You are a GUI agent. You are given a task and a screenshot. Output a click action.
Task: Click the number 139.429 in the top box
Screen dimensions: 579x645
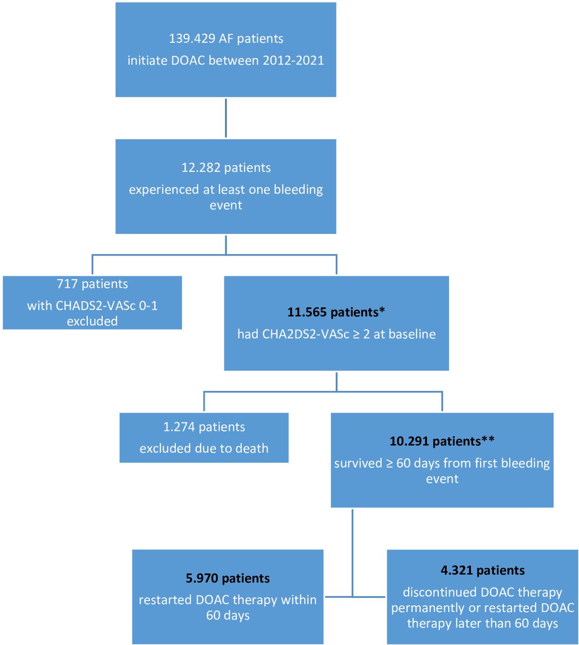192,38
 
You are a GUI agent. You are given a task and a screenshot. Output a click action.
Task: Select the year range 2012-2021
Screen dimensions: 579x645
293,60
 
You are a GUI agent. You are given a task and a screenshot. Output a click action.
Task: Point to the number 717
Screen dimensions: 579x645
67,284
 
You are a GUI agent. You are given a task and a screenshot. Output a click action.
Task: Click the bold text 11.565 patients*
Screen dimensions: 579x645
336,312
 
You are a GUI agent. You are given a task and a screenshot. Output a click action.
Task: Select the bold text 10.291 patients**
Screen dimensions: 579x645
442,441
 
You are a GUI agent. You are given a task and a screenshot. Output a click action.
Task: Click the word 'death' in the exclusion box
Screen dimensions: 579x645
252,448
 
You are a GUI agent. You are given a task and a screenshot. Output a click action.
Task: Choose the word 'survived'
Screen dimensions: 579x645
358,463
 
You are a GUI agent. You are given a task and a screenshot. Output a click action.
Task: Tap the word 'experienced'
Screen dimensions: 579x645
164,189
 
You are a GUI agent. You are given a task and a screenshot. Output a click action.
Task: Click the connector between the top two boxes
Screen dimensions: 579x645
226,118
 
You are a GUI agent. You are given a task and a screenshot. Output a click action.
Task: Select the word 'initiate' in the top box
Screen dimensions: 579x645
147,60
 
